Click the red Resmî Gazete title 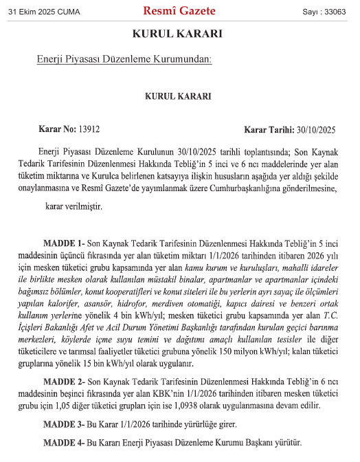[179, 11]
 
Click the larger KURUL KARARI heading [178, 34]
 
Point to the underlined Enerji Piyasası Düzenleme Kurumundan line [124, 60]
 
